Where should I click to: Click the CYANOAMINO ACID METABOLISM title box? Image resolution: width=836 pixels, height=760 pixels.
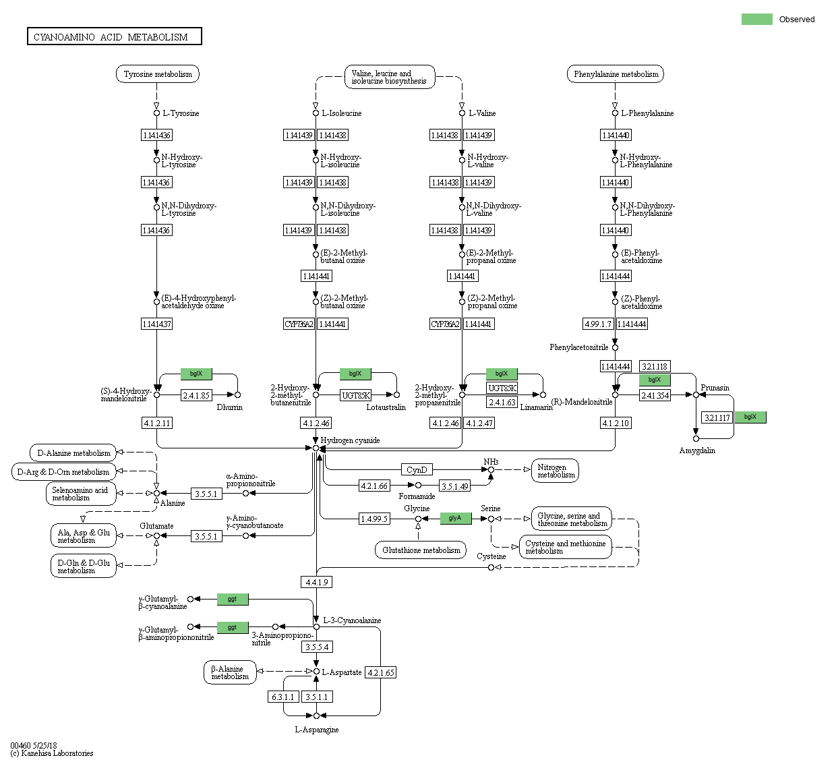[114, 36]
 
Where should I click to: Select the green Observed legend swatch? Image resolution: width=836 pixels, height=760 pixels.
[756, 20]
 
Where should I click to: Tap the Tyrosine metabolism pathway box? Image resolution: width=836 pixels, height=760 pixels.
[158, 74]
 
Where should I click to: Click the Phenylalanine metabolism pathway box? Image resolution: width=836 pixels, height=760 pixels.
[616, 74]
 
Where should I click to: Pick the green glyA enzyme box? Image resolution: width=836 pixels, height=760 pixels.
[456, 518]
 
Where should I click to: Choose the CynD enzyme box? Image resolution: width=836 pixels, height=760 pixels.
[417, 469]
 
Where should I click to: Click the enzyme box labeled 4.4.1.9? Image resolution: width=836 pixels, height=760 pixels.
[316, 582]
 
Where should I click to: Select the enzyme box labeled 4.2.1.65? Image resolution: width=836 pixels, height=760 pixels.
[380, 672]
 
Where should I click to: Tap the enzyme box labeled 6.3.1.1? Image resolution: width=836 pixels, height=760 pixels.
[283, 697]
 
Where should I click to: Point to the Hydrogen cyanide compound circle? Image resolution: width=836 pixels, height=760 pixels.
[316, 448]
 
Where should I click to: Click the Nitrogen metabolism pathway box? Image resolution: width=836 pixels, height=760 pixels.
[556, 471]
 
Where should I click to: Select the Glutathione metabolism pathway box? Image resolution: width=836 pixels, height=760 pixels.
[421, 550]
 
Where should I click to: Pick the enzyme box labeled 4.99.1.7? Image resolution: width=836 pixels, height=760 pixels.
[598, 324]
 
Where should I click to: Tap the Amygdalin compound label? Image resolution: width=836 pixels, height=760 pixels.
[697, 450]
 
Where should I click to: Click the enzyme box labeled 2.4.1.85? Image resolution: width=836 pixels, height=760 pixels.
[197, 395]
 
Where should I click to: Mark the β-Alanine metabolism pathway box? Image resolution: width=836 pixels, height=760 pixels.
[230, 672]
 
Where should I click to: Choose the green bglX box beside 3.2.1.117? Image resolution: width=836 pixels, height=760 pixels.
[750, 417]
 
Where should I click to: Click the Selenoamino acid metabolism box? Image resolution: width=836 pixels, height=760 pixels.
[80, 494]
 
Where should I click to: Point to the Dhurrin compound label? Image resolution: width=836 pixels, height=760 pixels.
[230, 407]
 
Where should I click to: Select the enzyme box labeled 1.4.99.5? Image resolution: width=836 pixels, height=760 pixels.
[374, 519]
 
